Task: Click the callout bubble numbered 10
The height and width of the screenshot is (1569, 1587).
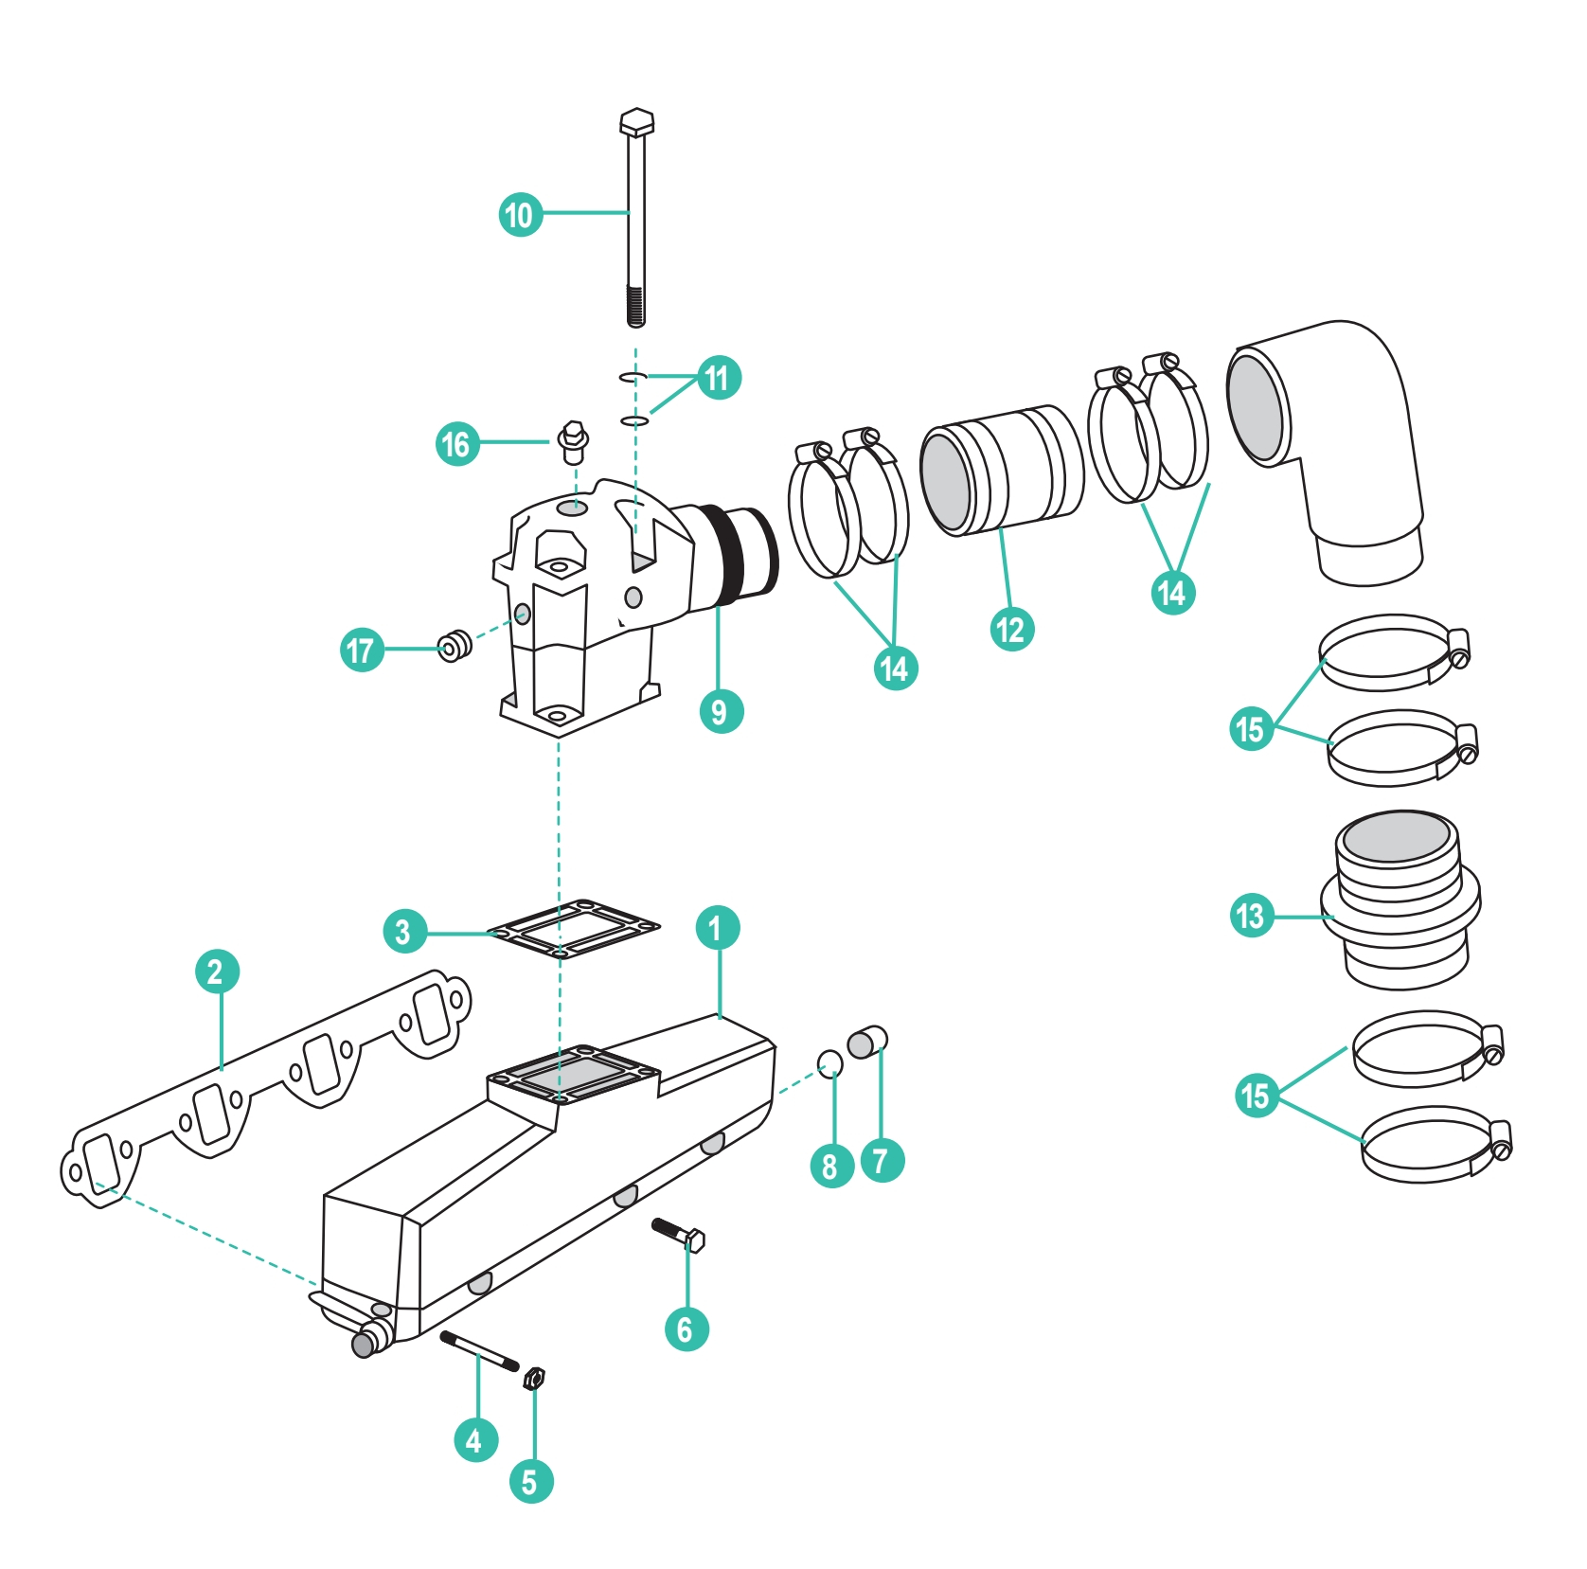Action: (x=520, y=214)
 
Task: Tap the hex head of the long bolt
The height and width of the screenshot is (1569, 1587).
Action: (x=636, y=123)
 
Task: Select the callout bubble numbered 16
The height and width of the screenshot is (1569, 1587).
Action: (x=456, y=443)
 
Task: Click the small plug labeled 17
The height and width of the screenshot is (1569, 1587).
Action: (x=455, y=646)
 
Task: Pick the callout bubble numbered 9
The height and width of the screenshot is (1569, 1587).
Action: (x=720, y=711)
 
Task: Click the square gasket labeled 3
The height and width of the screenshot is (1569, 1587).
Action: (x=573, y=928)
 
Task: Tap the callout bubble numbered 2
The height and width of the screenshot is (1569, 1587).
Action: (x=216, y=972)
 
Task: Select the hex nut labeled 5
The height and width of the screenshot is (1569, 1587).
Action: (x=533, y=1378)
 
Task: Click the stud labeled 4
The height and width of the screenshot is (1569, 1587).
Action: (x=479, y=1351)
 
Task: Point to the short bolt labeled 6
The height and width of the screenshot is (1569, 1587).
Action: (x=679, y=1235)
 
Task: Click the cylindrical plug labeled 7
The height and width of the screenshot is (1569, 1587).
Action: (x=866, y=1043)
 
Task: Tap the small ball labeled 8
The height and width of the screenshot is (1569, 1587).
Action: (x=829, y=1063)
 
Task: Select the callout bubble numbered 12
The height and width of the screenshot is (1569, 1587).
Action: (x=1011, y=630)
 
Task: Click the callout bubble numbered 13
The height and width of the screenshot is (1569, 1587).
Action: (x=1251, y=916)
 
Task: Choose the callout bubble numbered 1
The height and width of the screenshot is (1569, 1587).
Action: (x=717, y=928)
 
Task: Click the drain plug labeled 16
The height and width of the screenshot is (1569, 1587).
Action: (x=572, y=442)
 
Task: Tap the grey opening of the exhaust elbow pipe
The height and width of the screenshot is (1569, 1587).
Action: (x=1256, y=407)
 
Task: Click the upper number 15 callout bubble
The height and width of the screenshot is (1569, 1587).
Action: (x=1251, y=728)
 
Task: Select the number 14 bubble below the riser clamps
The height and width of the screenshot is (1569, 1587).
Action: (x=895, y=669)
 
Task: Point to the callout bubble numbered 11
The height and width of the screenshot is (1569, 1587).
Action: (x=718, y=378)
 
